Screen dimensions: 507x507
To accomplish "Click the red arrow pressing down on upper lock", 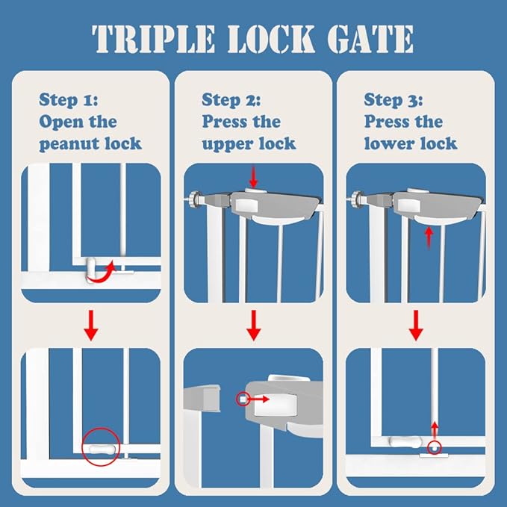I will pyautogui.click(x=254, y=178).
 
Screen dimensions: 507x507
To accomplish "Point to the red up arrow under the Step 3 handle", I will pyautogui.click(x=428, y=237).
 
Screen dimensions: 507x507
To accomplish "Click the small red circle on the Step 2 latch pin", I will pyautogui.click(x=243, y=399).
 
